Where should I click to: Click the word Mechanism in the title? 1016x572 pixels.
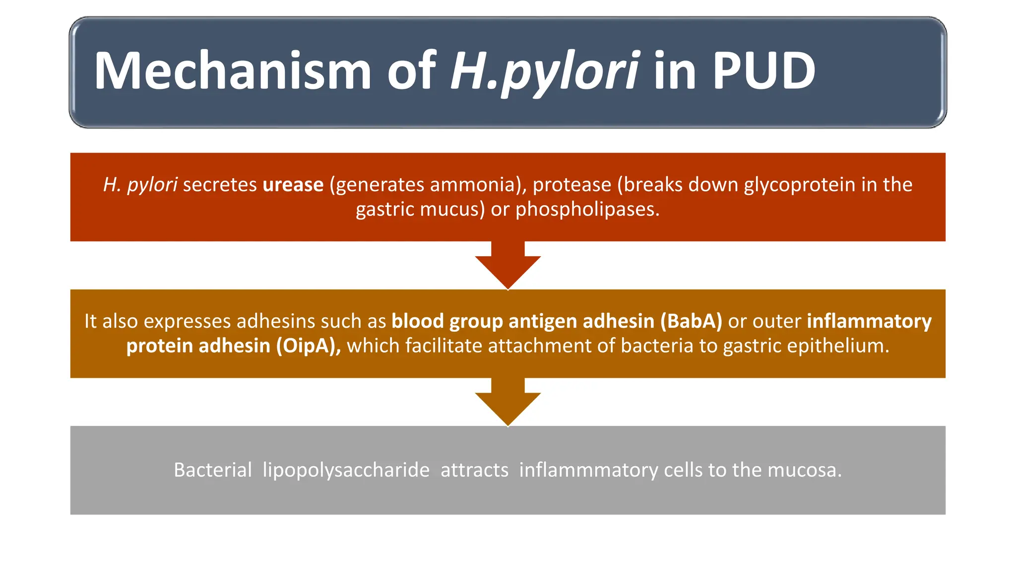[232, 71]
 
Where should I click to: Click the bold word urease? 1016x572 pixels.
[293, 185]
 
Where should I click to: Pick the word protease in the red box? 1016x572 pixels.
[571, 185]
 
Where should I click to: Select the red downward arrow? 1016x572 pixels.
[508, 266]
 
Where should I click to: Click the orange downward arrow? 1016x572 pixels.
[508, 402]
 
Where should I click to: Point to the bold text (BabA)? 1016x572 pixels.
[691, 321]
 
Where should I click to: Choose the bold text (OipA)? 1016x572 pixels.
[308, 346]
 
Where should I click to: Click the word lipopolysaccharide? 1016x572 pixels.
[346, 470]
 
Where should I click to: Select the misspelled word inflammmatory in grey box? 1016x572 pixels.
[588, 470]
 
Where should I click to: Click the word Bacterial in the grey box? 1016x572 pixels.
[212, 470]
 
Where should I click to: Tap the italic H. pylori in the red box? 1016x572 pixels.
[140, 185]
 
